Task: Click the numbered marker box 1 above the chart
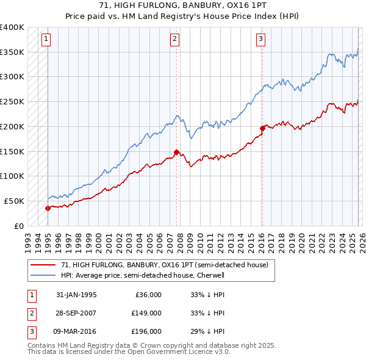[46, 40]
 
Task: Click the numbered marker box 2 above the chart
[175, 40]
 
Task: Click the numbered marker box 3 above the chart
[260, 40]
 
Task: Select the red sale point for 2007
[176, 152]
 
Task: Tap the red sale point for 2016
[262, 128]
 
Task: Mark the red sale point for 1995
[48, 208]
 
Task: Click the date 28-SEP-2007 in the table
[76, 313]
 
